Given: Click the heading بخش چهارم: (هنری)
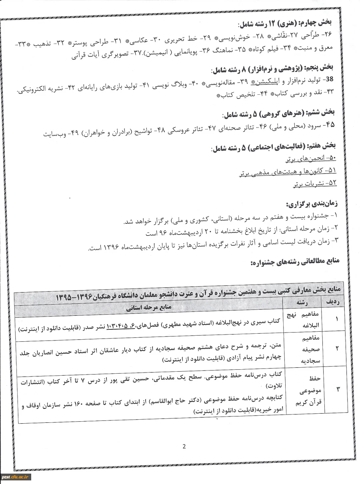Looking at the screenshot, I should click(288, 23).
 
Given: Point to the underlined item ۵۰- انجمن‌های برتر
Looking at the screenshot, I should click(311, 159).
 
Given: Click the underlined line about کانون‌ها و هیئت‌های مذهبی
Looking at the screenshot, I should click(288, 171).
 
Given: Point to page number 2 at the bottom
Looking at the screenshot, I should click(184, 447).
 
